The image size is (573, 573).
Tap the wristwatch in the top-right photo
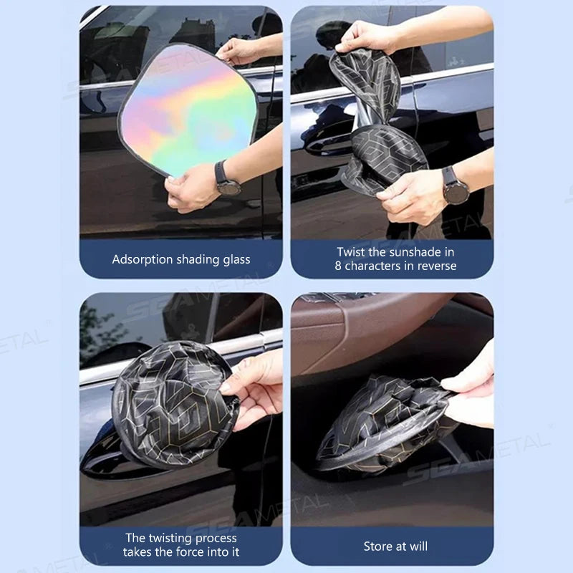tap(455, 187)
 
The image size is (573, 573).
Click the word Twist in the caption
tap(352, 252)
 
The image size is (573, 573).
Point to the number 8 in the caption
tap(338, 266)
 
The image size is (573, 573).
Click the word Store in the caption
tap(379, 546)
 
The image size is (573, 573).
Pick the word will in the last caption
tap(418, 546)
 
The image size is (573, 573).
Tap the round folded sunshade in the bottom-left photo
tap(172, 405)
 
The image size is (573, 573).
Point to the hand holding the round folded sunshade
tap(254, 387)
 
